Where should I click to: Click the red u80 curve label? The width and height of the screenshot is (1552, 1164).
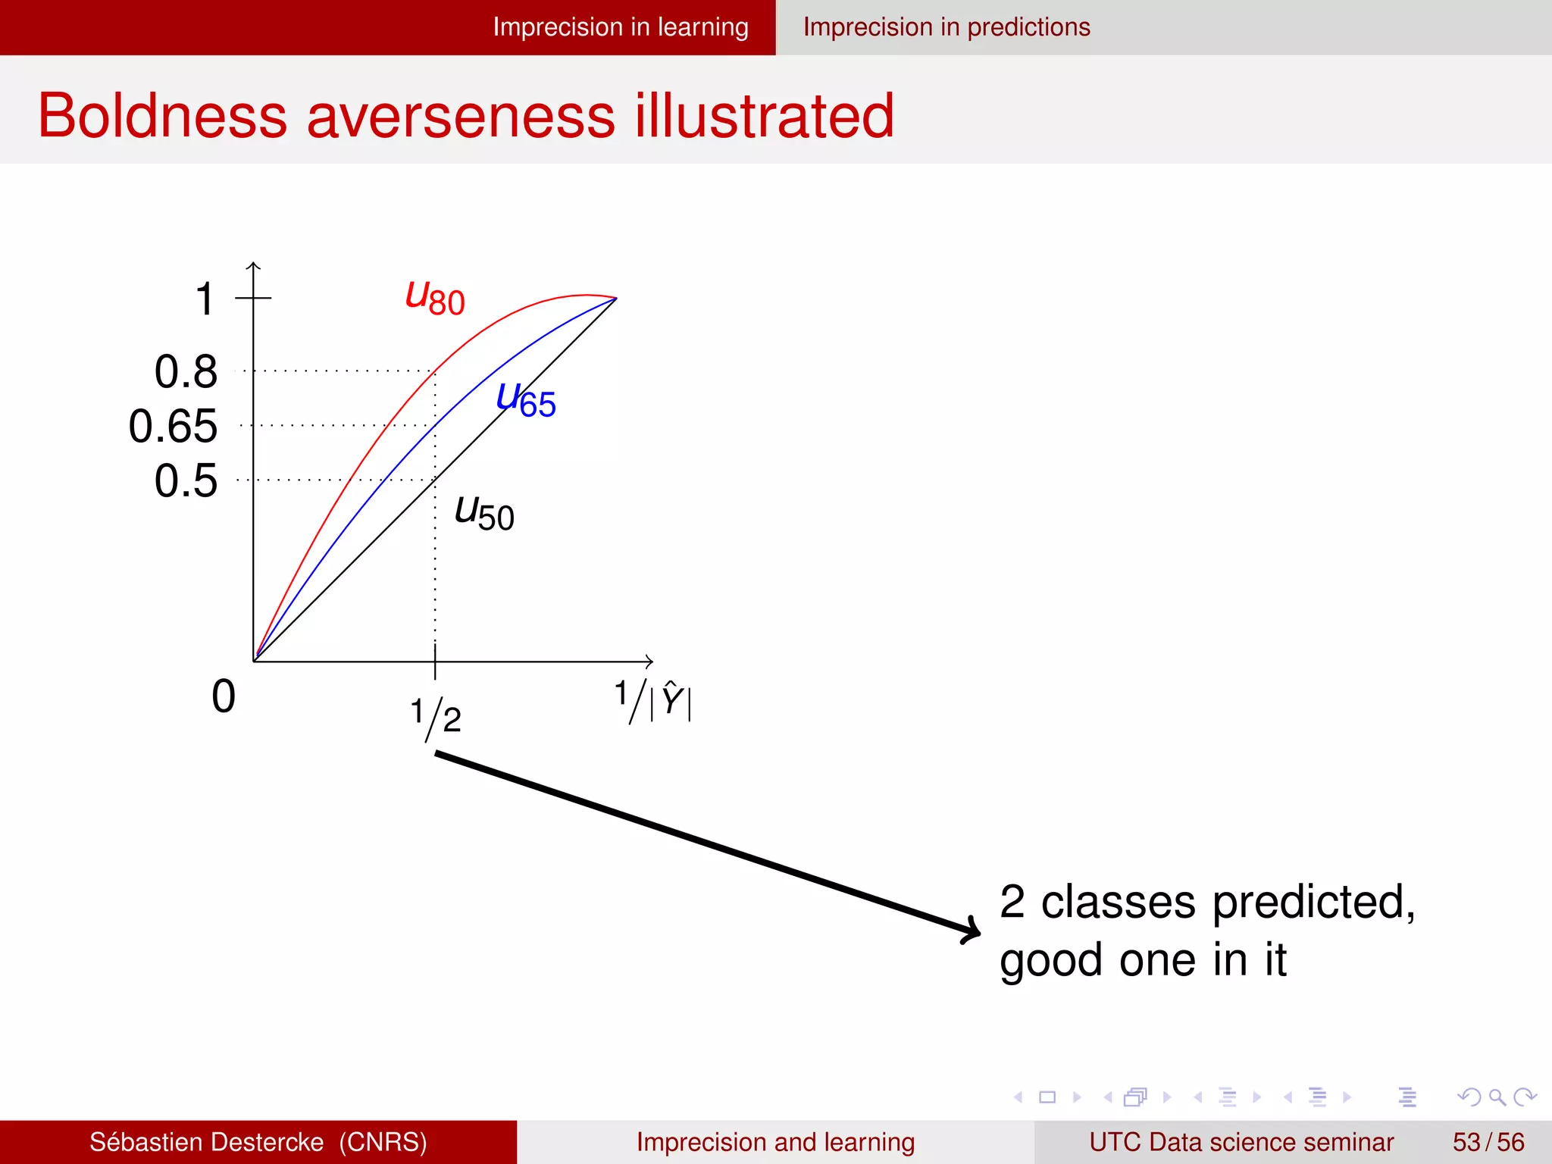(x=435, y=297)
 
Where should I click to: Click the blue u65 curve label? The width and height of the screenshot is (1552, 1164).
(x=526, y=399)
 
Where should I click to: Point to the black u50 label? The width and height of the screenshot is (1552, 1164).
(x=484, y=513)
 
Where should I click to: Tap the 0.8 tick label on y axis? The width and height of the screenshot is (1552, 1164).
(x=186, y=371)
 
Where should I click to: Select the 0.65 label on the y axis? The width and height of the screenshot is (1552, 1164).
(x=173, y=426)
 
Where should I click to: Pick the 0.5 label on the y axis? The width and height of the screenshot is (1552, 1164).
(x=186, y=480)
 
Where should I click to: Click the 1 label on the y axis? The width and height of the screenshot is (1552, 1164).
(x=205, y=299)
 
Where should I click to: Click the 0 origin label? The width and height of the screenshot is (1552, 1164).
(x=224, y=696)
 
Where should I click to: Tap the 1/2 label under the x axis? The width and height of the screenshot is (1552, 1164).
(x=436, y=716)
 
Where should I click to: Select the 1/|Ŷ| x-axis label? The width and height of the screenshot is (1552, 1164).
(x=652, y=700)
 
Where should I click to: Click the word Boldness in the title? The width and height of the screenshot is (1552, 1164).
(x=162, y=115)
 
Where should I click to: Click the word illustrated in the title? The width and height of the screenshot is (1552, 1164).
(x=764, y=115)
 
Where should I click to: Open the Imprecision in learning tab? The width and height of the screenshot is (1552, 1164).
(x=620, y=27)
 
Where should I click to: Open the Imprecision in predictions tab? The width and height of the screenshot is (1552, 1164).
(x=947, y=27)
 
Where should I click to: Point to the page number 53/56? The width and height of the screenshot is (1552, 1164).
(x=1488, y=1142)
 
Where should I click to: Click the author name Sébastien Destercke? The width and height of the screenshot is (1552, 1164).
(x=206, y=1142)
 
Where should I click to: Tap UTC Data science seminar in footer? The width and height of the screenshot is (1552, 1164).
(x=1241, y=1142)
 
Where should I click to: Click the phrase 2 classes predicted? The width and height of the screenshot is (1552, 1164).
(x=1206, y=902)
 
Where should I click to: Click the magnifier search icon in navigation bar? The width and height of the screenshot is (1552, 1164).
(x=1497, y=1097)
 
